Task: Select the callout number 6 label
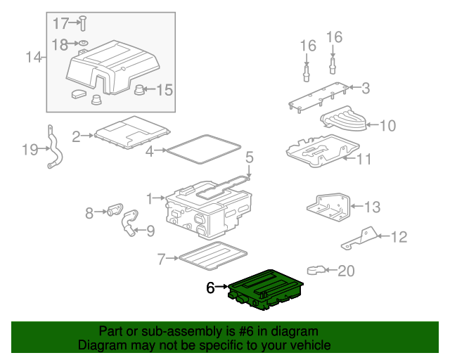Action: click(210, 288)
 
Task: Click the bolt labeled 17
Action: click(82, 22)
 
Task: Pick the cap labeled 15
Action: click(139, 89)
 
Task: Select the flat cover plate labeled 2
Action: click(134, 134)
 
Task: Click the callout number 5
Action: click(249, 156)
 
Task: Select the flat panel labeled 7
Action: click(213, 256)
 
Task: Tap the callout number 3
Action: click(365, 89)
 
